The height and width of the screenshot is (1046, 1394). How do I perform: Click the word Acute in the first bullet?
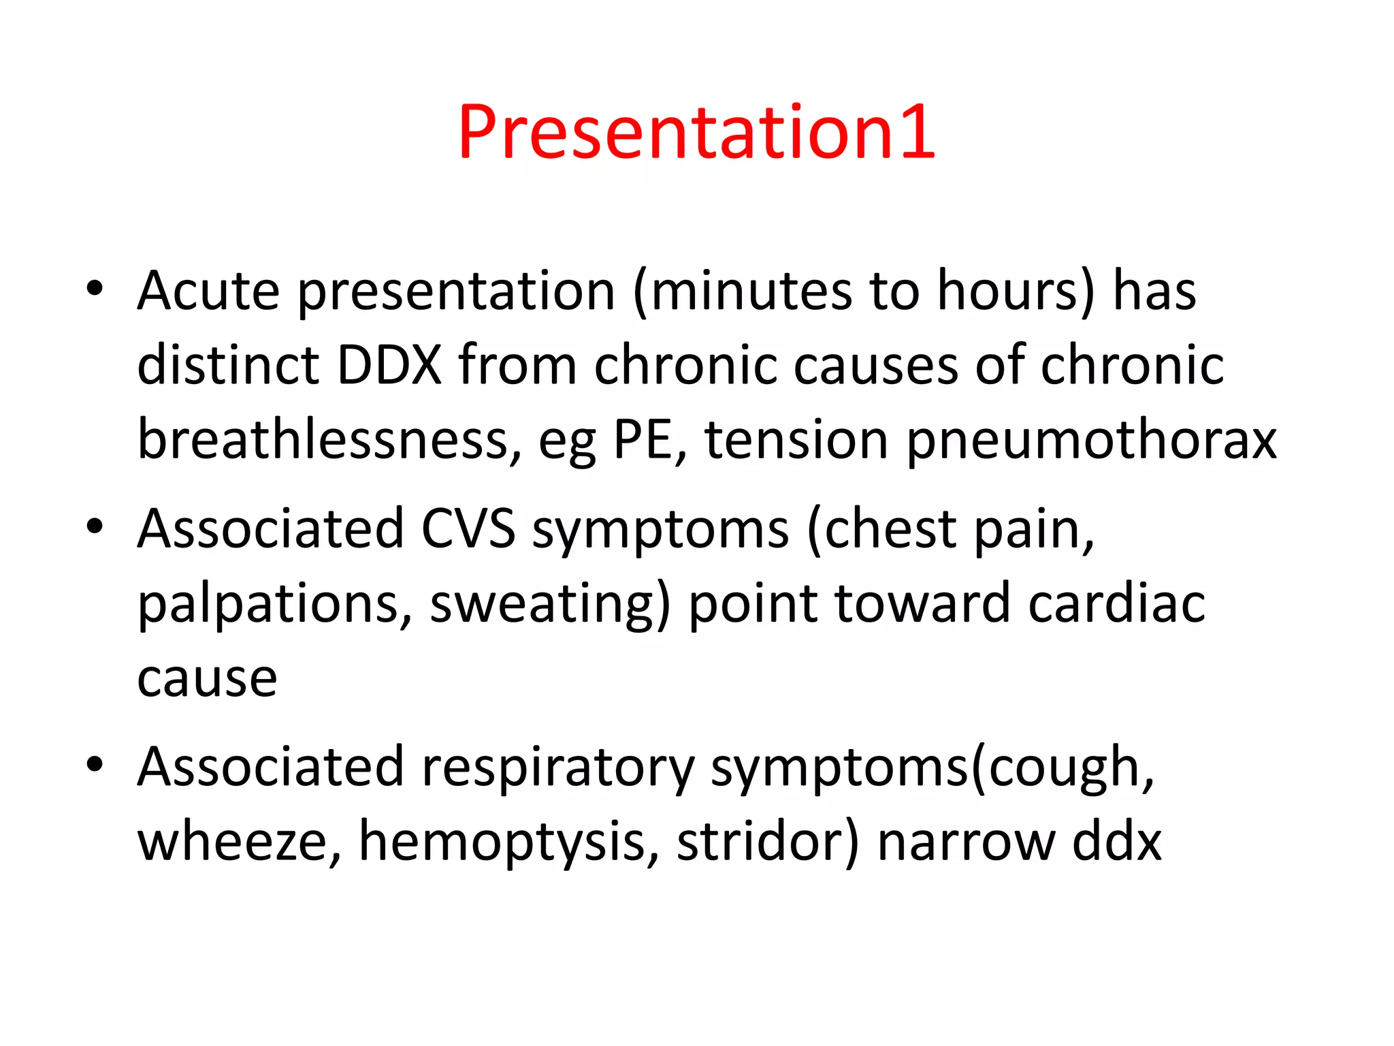pos(208,291)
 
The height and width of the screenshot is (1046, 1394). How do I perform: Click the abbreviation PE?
pos(649,440)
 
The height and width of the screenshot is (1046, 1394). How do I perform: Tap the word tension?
pos(796,440)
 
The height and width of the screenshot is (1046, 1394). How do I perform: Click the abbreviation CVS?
pos(468,529)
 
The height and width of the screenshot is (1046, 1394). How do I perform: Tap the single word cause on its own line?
pos(207,680)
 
